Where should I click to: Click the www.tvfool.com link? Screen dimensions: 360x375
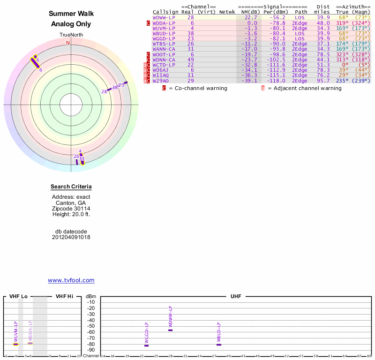coord(71,280)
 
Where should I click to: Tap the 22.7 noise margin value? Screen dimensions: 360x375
coord(251,17)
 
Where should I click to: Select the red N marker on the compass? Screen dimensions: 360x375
coord(68,43)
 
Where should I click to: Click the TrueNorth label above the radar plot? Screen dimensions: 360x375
coord(71,35)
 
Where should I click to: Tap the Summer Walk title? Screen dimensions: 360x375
coord(71,14)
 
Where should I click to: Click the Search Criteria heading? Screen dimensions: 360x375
coord(71,187)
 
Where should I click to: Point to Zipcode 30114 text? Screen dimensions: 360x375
coord(71,209)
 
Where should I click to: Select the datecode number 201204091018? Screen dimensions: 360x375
coord(71,237)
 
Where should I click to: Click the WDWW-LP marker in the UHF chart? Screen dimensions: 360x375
coord(171,330)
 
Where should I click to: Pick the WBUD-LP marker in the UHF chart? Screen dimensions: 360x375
coord(219,345)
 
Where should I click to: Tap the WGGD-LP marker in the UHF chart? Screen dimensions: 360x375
coord(146,345)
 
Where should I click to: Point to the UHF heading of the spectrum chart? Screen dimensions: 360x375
coord(235,296)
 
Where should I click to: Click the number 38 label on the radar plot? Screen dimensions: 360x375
coord(115,87)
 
